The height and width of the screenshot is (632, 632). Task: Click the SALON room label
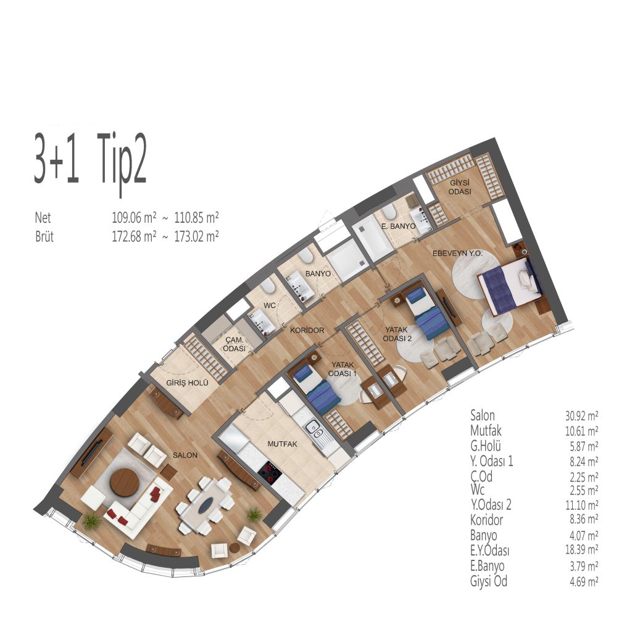coord(185,455)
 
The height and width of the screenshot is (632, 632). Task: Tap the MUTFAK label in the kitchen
coord(283,444)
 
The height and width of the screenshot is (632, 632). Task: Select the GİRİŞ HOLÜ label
coord(188,383)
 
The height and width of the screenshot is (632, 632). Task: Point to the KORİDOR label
coord(307,330)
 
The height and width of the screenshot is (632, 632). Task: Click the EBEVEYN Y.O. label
coord(457,254)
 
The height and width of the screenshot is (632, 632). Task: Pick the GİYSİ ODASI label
coord(460,188)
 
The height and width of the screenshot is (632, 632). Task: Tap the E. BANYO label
coord(398,226)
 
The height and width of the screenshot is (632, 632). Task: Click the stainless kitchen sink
coord(317,434)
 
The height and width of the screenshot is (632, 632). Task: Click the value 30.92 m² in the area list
coord(581,415)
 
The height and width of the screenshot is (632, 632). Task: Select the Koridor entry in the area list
coord(486,520)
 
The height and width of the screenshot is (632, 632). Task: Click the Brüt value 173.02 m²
coord(196,236)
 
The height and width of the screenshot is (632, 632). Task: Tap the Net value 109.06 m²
coord(134,218)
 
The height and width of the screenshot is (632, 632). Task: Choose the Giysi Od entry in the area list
coord(489,581)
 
